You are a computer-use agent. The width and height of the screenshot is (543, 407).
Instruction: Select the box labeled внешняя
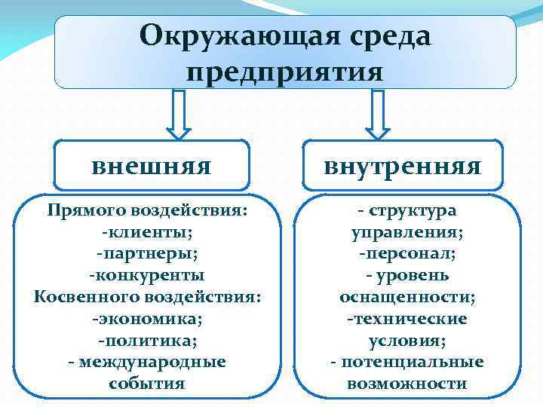pos(151,165)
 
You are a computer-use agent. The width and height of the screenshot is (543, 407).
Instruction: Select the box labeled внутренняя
pos(402,165)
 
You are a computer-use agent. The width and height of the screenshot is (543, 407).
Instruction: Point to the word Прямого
pos(87,210)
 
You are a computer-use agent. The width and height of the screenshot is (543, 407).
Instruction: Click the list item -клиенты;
pos(148,231)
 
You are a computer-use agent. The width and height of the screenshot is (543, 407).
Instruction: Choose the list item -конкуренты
pos(148,275)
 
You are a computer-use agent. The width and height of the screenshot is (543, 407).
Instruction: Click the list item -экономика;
pos(148,319)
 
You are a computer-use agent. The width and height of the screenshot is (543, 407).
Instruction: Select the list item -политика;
pos(148,341)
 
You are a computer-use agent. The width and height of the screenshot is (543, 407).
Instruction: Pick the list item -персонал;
pos(407,254)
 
